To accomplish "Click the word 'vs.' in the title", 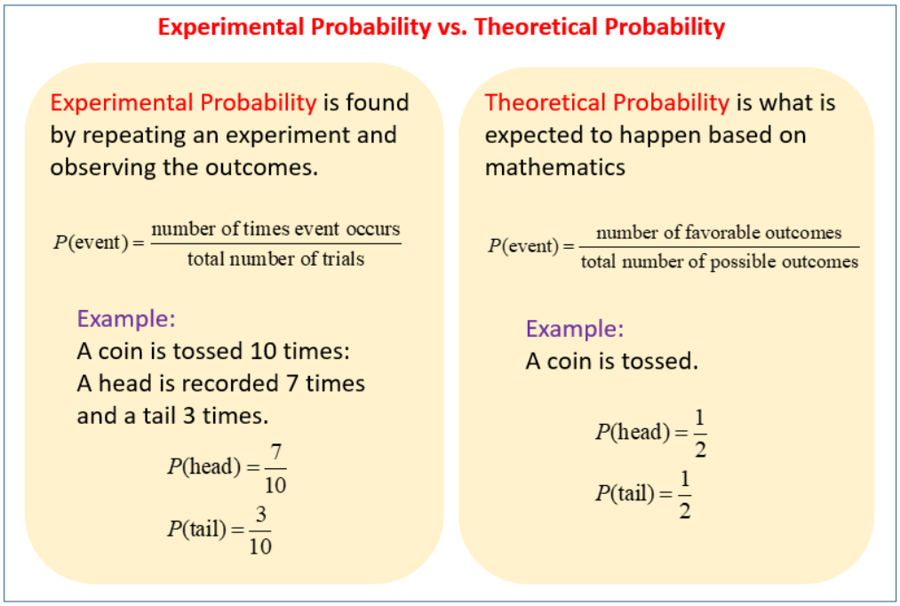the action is (x=452, y=27).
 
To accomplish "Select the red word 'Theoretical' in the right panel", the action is (x=545, y=103).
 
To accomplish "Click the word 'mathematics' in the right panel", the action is (x=555, y=167).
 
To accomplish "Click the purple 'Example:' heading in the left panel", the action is (x=126, y=318).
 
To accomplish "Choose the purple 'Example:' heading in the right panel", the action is (x=575, y=329).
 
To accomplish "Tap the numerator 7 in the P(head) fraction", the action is (x=276, y=453).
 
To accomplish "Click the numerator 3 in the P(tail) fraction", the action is (x=260, y=514).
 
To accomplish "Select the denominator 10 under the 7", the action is (x=275, y=485).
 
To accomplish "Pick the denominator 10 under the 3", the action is (x=260, y=546).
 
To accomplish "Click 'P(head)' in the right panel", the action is (x=633, y=432).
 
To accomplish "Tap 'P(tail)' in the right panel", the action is (x=625, y=493).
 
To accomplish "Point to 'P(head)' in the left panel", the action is (x=204, y=466).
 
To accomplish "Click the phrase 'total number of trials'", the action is (x=275, y=259).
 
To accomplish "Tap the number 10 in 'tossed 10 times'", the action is (x=264, y=351).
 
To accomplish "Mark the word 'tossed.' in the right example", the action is (x=659, y=362).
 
